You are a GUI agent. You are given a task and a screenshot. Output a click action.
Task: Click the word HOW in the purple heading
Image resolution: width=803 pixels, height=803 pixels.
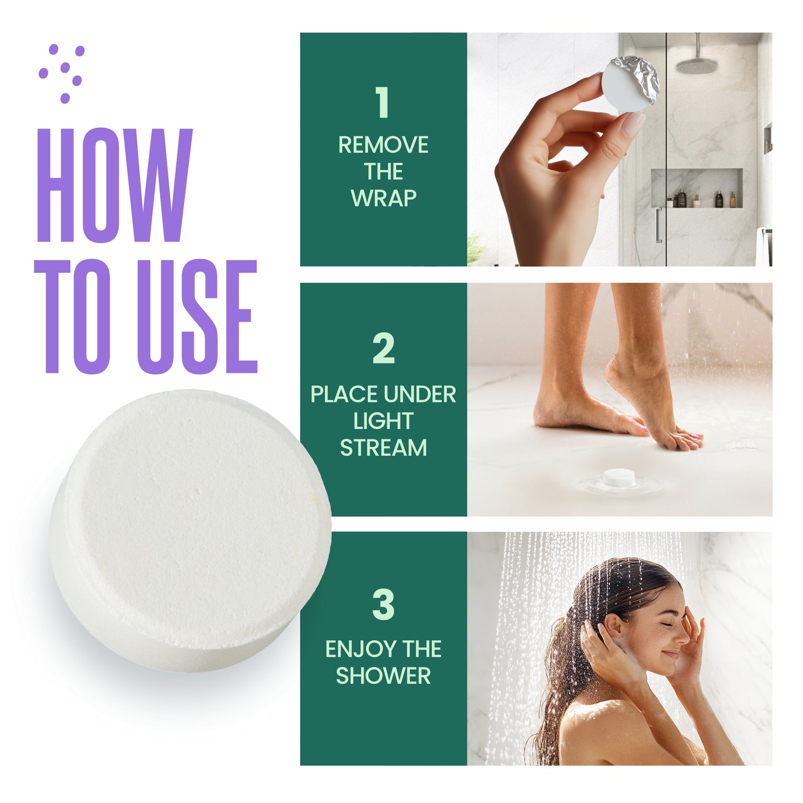115,185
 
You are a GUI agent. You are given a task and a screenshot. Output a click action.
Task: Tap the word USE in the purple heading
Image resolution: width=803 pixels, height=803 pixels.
197,316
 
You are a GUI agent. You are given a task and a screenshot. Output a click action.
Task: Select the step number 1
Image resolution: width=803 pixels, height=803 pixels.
382,102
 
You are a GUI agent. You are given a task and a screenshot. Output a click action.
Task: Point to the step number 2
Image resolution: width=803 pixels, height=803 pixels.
383,348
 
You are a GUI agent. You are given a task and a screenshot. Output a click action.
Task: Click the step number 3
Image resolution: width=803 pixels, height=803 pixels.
383,605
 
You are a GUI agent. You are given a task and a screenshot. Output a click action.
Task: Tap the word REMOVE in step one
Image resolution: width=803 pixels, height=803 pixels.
383,145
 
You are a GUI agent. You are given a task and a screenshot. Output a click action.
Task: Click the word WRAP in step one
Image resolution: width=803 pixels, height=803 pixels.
383,198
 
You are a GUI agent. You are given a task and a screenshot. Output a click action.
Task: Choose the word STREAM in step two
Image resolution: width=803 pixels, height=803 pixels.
383,448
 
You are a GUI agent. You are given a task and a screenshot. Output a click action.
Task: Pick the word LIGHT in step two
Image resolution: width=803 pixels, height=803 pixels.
383,421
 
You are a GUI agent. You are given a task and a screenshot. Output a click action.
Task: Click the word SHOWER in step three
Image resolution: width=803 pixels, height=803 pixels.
383,676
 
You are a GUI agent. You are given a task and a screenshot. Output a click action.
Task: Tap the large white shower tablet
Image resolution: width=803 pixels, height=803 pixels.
191,530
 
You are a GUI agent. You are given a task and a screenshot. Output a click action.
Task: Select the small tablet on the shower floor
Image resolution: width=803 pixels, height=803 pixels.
619,477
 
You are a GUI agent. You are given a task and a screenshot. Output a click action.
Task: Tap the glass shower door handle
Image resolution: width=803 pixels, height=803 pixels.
658,225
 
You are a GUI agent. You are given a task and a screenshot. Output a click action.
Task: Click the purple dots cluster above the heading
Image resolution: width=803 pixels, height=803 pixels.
62,73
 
